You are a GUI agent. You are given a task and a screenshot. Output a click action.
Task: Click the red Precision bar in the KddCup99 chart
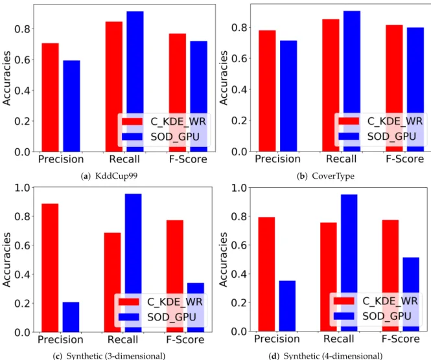(51, 97)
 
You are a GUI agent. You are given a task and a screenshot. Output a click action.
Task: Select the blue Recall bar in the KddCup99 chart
(135, 82)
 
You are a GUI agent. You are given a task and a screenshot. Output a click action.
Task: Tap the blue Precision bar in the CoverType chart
(288, 96)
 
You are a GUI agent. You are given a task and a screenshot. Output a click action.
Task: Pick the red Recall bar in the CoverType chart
(331, 85)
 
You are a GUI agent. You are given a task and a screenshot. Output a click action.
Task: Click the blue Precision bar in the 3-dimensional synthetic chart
(71, 317)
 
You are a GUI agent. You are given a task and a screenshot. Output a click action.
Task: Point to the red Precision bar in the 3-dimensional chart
(50, 268)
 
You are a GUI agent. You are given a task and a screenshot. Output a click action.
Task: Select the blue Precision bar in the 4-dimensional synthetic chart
(287, 306)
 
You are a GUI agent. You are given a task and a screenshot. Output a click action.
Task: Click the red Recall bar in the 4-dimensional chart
(329, 276)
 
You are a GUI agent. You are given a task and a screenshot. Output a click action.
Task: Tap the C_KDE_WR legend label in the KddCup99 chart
(178, 122)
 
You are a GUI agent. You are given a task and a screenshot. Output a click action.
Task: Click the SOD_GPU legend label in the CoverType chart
(391, 137)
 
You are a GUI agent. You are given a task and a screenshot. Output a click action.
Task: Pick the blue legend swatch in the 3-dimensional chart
(128, 317)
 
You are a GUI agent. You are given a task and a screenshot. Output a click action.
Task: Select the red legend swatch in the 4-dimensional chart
(344, 301)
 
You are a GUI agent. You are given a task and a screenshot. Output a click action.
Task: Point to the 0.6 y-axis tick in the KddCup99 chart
(22, 60)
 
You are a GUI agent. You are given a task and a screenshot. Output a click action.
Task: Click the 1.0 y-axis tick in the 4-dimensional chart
(239, 188)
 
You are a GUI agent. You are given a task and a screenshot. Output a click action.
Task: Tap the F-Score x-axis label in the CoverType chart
(404, 159)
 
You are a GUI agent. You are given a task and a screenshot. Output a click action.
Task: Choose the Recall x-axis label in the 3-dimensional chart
(122, 340)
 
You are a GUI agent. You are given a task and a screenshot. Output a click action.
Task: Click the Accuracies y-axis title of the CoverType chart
(224, 78)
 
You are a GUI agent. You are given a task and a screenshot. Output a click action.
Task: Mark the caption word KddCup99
(116, 176)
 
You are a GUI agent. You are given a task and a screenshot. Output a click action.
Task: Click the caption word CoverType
(333, 176)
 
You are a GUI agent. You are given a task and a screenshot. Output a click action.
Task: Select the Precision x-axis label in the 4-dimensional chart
(277, 339)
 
